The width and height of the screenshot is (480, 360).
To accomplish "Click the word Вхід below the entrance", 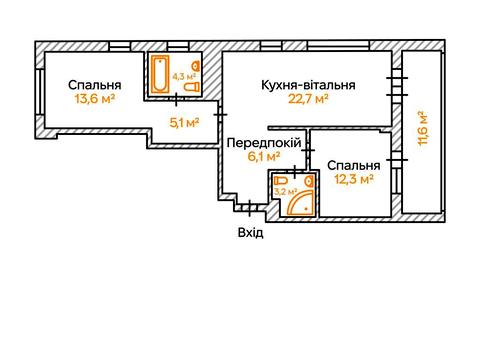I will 251,232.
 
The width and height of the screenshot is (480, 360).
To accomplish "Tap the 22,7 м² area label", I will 308,99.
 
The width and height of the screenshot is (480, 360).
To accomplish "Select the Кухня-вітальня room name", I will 308,84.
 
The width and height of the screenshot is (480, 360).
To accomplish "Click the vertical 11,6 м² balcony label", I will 423,130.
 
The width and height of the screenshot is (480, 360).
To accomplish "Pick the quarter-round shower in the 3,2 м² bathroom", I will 301,204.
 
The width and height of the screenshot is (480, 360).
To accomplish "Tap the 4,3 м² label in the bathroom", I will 183,74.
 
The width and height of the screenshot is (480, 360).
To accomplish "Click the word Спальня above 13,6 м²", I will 95,84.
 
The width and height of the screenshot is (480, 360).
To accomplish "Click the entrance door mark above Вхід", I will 244,209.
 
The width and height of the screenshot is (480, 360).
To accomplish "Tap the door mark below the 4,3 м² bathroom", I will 179,98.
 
